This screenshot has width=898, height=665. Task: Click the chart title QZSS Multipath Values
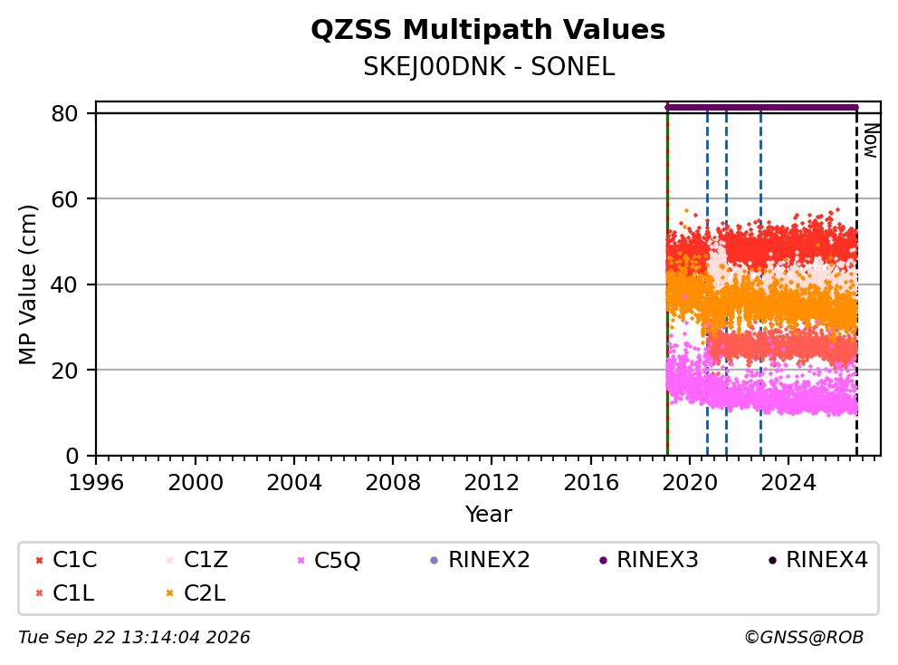tap(488, 30)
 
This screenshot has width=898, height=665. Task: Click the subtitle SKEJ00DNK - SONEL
tap(489, 67)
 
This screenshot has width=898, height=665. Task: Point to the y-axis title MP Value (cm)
tap(27, 284)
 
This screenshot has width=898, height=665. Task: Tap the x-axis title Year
tap(489, 515)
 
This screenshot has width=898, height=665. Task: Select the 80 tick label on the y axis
tap(64, 114)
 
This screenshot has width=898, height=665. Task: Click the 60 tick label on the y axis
tap(64, 199)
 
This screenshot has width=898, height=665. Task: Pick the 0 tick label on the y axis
tap(72, 457)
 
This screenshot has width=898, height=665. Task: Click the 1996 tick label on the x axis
tap(96, 483)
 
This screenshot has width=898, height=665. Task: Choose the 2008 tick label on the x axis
tap(393, 483)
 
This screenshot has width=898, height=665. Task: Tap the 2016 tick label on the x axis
tap(591, 483)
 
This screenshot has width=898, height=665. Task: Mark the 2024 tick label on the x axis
tap(788, 483)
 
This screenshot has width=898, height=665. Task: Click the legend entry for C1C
tap(66, 560)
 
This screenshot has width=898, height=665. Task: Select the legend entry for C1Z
tap(197, 560)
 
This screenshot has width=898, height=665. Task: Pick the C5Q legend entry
tap(329, 560)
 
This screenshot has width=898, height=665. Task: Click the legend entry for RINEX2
tap(480, 560)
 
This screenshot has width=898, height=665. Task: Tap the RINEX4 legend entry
tap(817, 560)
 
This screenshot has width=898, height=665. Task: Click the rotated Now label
tap(871, 141)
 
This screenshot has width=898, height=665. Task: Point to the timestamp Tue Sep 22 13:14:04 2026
tap(134, 638)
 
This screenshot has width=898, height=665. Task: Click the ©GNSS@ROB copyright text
tap(804, 638)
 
